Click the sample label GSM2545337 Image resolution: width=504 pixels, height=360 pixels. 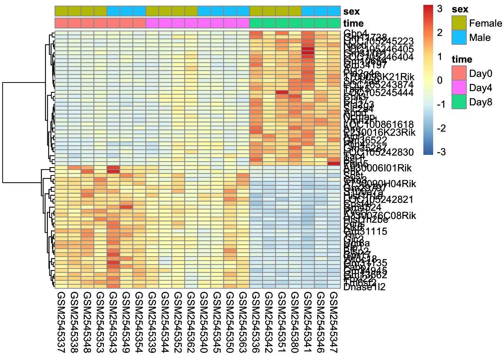61,322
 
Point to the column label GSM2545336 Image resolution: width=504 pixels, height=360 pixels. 256,322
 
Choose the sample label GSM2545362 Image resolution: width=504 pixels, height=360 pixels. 191,322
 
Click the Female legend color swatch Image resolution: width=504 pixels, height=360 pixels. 459,23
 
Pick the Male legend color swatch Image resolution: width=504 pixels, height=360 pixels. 459,37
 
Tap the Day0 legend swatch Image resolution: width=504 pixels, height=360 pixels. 459,73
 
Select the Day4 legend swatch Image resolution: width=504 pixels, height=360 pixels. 459,87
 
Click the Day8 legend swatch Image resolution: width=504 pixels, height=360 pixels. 459,102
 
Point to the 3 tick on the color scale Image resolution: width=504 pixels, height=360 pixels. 439,9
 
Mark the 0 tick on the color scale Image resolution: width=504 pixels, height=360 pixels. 439,80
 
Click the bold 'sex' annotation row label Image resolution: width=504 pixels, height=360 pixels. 351,12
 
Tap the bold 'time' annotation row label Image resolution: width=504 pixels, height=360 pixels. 353,24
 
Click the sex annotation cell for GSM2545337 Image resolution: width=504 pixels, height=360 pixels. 61,11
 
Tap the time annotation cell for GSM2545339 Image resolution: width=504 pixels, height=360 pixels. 152,23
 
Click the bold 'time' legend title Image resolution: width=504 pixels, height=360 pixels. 462,59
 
